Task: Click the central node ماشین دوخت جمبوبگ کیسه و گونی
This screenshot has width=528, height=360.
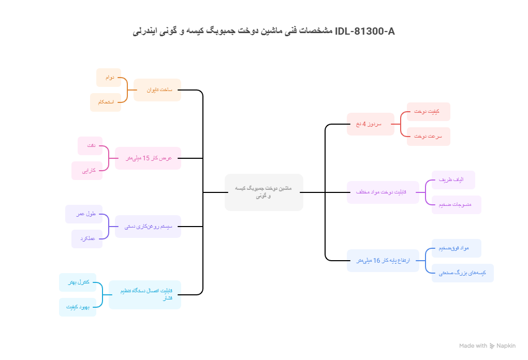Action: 263,192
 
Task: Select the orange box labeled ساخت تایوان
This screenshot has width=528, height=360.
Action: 157,90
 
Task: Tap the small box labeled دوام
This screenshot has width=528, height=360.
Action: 109,78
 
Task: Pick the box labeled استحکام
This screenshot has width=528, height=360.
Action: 106,102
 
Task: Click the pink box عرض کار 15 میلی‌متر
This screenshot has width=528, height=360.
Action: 148,158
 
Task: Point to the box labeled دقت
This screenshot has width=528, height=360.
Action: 90,146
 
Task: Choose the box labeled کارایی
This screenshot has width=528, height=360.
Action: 87,171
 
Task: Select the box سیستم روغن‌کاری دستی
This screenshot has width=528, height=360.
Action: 148,227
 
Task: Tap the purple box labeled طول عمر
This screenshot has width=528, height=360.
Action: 84,214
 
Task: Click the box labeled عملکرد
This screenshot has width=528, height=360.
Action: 87,239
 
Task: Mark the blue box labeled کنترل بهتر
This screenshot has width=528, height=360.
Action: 78,282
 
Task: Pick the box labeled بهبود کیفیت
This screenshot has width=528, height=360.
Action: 78,307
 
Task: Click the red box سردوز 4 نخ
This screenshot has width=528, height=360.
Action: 370,124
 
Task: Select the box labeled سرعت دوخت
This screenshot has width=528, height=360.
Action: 428,137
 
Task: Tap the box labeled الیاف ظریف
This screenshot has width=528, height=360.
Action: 453,180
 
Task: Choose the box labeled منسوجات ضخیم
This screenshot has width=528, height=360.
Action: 456,205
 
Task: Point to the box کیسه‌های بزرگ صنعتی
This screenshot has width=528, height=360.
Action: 462,273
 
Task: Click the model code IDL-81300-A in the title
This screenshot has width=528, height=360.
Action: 365,32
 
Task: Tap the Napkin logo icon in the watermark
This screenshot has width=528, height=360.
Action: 492,346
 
